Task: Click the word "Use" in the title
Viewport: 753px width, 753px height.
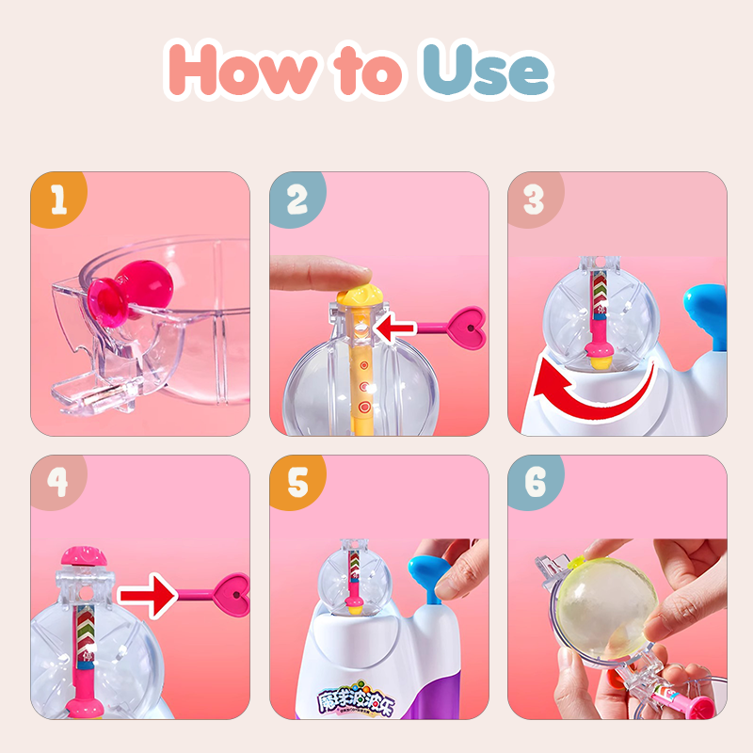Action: tap(485, 70)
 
